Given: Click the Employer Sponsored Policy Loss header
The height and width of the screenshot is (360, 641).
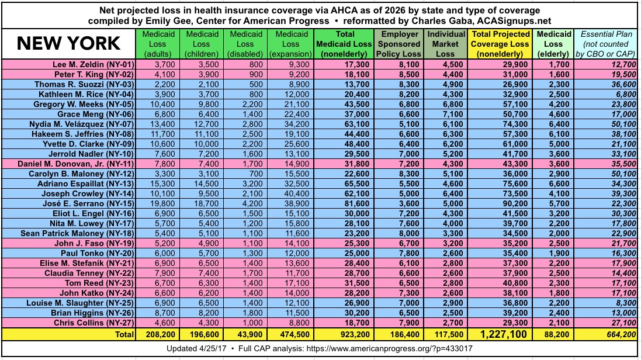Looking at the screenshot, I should (x=401, y=43).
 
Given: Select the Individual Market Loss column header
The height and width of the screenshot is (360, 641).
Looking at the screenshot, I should (x=446, y=43).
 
